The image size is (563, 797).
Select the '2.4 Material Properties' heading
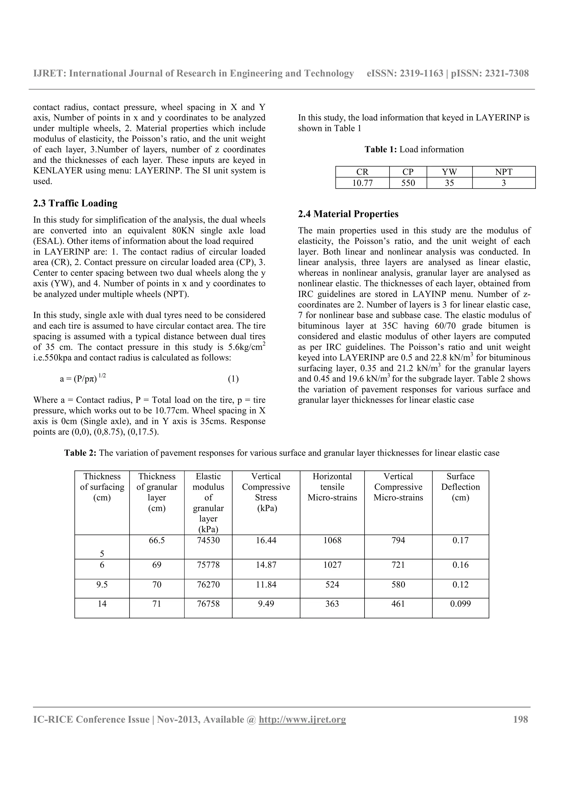pos(348,214)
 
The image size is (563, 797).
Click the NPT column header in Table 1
pos(503,172)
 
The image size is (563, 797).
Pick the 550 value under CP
pos(408,183)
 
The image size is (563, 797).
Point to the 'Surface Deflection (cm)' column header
pos(460,487)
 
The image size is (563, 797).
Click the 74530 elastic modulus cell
pos(208,540)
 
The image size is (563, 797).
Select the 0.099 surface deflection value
pos(460,604)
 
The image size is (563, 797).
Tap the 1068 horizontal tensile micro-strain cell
pos(332,540)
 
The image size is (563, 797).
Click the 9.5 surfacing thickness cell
pos(102,585)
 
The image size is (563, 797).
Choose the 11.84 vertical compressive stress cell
pos(266,585)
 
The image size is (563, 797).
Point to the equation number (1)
pos(233,379)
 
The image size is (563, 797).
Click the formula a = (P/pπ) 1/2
pos(82,378)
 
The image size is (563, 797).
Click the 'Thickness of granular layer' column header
pos(157,492)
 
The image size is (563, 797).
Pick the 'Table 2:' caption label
pos(80,453)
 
